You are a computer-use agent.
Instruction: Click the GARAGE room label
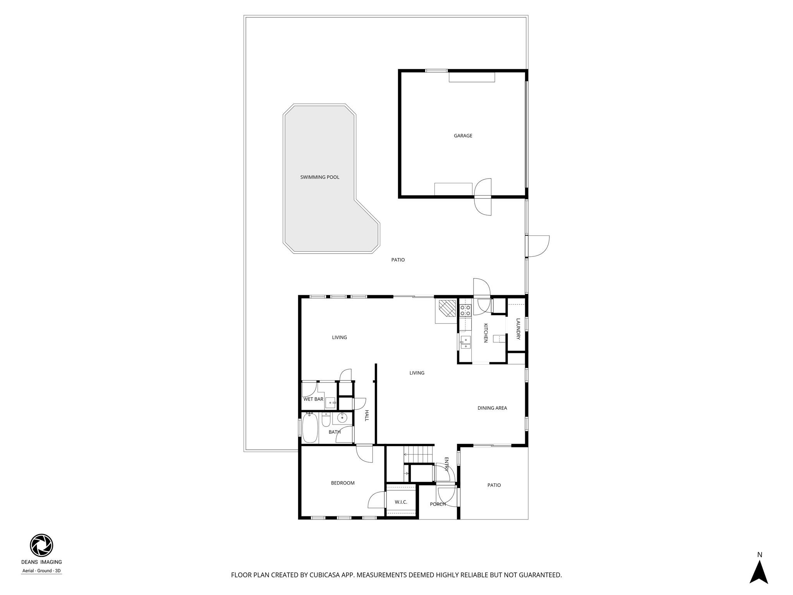tap(463, 136)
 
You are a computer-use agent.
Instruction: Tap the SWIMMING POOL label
tap(319, 177)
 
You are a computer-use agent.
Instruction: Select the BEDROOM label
tap(343, 483)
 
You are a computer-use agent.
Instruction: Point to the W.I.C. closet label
tap(401, 502)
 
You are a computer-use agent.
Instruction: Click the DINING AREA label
tap(492, 408)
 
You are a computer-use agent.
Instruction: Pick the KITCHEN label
tap(486, 333)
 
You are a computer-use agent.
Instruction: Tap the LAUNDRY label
tap(518, 329)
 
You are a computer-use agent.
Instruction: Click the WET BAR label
tap(313, 399)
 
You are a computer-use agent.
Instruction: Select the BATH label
tap(335, 432)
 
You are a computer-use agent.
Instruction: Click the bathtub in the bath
tap(310, 428)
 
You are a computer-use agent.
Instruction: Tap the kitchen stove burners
tap(465, 310)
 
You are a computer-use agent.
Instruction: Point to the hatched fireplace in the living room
tap(447, 309)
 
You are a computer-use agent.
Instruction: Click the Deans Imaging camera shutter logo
tap(41, 545)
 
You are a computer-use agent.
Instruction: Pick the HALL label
tap(366, 416)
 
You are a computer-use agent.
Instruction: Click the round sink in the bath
tap(342, 418)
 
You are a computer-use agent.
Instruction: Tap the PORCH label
tap(438, 504)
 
